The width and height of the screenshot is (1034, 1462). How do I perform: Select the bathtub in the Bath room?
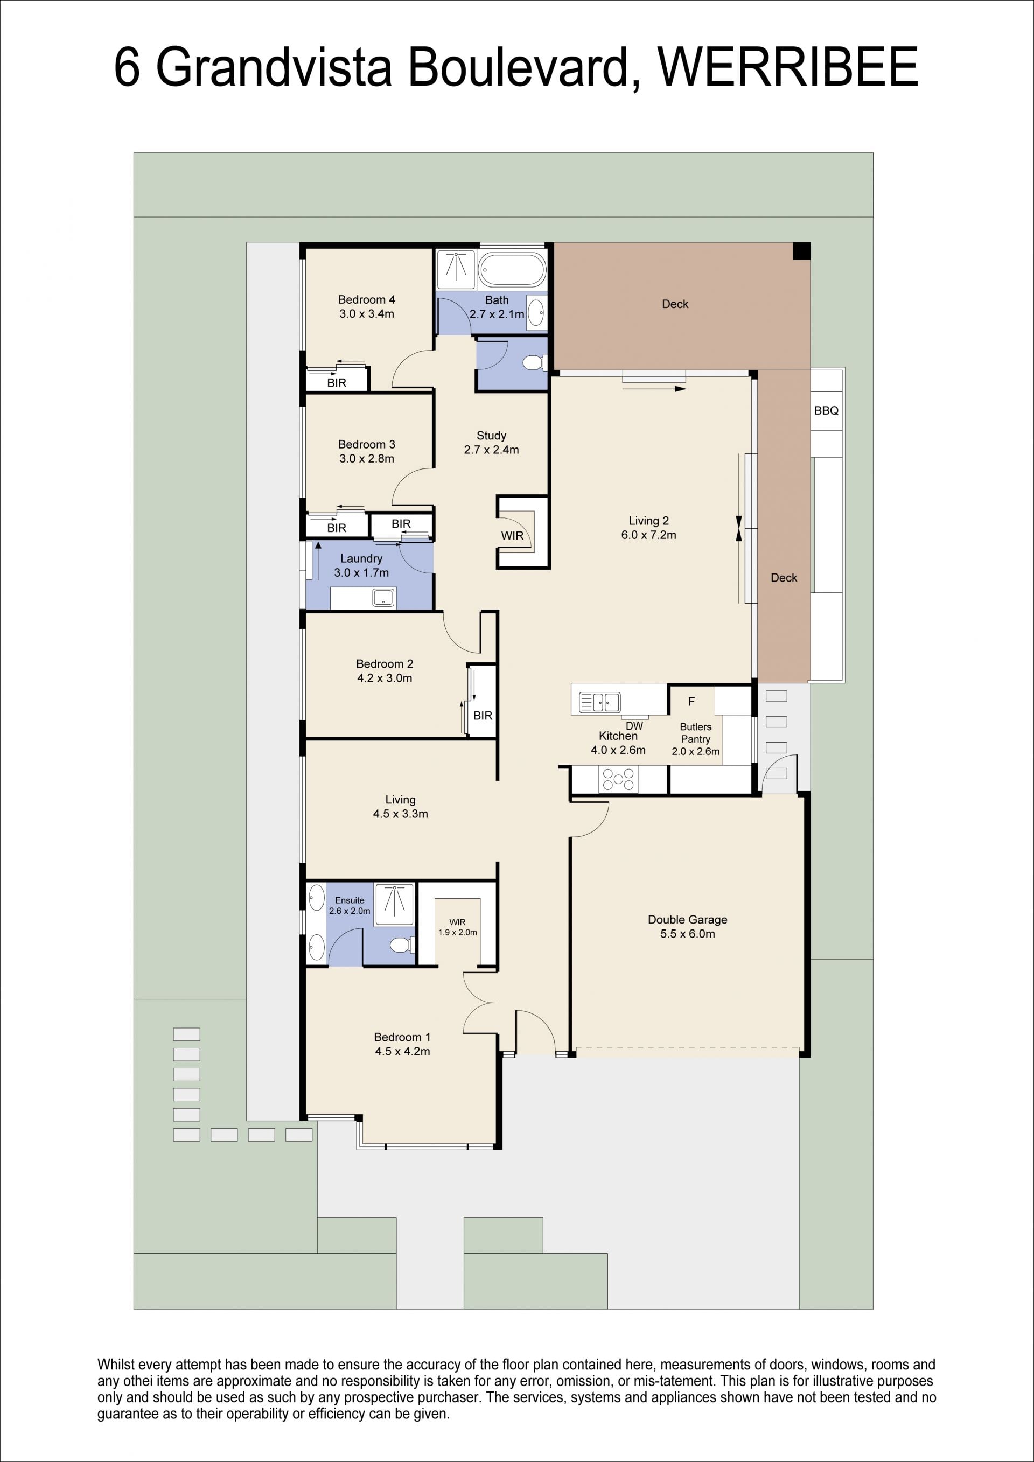pyautogui.click(x=512, y=270)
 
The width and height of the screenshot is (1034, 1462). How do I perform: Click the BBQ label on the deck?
pyautogui.click(x=827, y=411)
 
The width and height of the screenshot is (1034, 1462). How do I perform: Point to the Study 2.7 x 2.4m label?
pyautogui.click(x=492, y=443)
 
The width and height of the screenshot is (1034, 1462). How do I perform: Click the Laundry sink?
pyautogui.click(x=383, y=597)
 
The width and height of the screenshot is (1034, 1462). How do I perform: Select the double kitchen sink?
pyautogui.click(x=599, y=702)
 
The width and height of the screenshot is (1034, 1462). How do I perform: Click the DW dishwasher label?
pyautogui.click(x=634, y=726)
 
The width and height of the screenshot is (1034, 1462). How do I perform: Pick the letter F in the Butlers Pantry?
pyautogui.click(x=691, y=702)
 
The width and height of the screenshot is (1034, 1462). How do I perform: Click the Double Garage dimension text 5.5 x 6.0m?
pyautogui.click(x=688, y=934)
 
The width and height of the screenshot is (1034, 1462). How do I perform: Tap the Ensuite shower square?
pyautogui.click(x=394, y=904)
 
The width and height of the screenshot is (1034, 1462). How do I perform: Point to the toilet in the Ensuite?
pyautogui.click(x=402, y=945)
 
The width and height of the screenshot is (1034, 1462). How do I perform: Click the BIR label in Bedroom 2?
pyautogui.click(x=483, y=716)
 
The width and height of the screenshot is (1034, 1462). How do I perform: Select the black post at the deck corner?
pyautogui.click(x=801, y=251)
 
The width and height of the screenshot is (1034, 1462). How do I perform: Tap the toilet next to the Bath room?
pyautogui.click(x=534, y=363)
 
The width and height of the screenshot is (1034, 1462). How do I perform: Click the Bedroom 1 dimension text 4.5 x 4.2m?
pyautogui.click(x=402, y=1051)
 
